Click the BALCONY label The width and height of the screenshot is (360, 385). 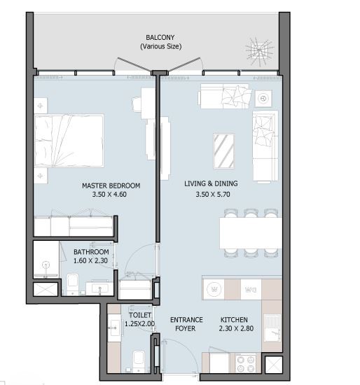point(160,38)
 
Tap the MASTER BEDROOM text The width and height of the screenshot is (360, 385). point(111,185)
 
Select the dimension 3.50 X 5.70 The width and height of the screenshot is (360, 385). point(213,195)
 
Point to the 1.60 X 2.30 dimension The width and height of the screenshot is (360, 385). point(90,260)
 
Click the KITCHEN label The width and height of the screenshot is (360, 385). point(234,320)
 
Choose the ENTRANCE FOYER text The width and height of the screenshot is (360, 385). point(186,324)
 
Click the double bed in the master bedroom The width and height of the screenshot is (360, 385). point(69,141)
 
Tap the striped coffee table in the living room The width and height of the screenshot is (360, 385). point(224,151)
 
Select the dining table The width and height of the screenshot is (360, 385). point(251,233)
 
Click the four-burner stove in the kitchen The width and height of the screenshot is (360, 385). point(246,363)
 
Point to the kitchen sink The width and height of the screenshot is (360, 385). point(272,328)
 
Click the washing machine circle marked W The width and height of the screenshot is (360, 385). point(214,289)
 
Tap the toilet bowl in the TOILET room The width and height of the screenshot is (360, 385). point(139,359)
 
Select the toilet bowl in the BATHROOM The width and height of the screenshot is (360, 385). point(73,283)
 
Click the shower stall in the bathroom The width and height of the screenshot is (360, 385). point(46,259)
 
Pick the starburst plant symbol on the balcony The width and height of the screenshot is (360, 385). point(259,51)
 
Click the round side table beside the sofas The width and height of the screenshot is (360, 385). point(263,99)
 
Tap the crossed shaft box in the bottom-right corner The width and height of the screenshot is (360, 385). point(273,365)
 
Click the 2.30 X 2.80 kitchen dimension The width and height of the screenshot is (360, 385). point(236,328)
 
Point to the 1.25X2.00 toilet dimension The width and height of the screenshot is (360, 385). point(139,324)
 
